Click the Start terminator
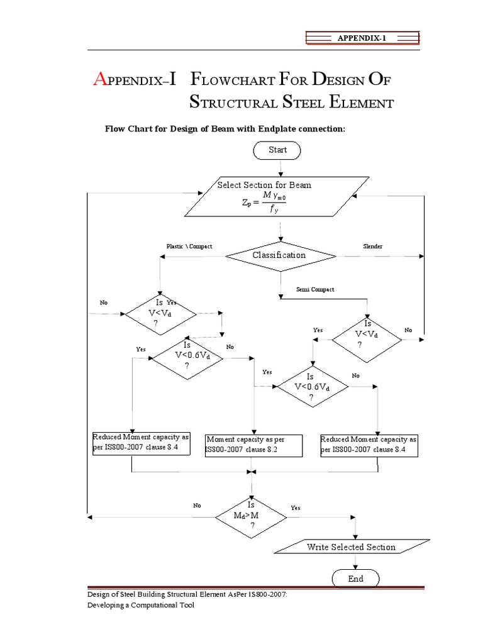[x=277, y=150]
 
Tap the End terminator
[x=355, y=579]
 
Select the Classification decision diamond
[x=280, y=256]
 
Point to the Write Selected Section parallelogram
[x=352, y=547]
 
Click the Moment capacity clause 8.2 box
[x=253, y=445]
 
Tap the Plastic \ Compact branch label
[x=189, y=247]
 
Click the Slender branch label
[x=372, y=247]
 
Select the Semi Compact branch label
[x=315, y=289]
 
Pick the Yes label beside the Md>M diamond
[x=296, y=508]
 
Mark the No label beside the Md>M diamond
[x=197, y=505]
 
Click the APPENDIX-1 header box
[x=362, y=38]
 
